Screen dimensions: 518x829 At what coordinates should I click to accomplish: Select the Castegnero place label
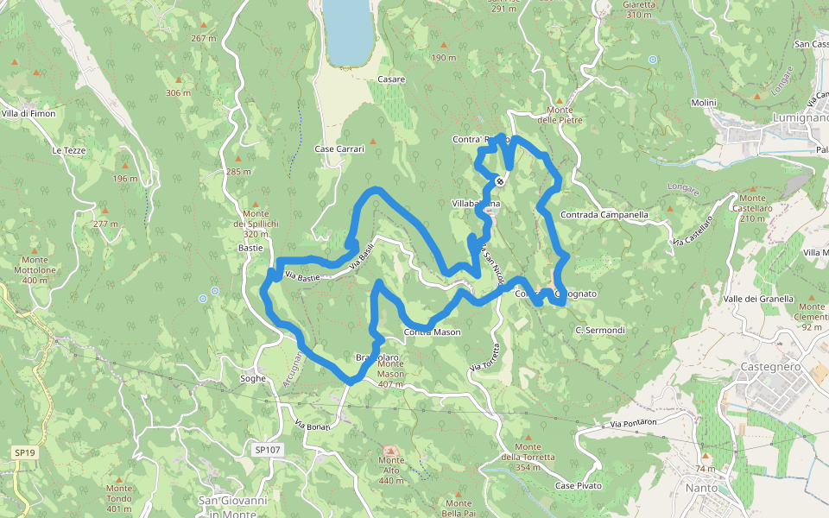pos(771,367)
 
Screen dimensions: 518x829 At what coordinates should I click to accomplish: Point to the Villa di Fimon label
pos(28,113)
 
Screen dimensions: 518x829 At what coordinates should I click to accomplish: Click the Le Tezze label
pos(69,150)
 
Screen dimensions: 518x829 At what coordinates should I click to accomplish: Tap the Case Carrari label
pos(339,149)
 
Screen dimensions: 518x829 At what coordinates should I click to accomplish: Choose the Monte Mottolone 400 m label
pos(35,270)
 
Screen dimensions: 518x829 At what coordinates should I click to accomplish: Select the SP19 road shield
pos(24,452)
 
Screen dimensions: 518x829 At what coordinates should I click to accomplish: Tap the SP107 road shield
pos(269,450)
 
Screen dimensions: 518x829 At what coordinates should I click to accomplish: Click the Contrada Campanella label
pos(604,214)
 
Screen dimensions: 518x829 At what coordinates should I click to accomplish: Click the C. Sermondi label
pos(599,330)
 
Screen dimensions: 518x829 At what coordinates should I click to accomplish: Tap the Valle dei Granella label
pos(758,299)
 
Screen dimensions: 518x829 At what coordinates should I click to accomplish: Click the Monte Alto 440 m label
pos(391,470)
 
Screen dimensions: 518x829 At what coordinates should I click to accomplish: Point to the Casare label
pos(391,79)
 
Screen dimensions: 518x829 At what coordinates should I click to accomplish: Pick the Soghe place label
pos(253,378)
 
